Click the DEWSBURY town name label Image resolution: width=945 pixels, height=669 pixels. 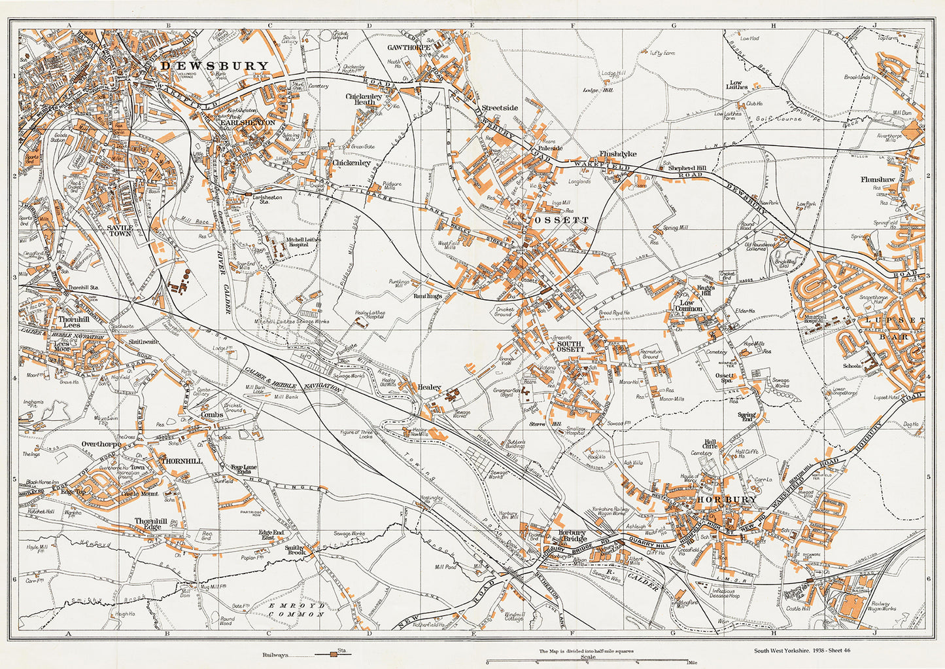[x=215, y=65]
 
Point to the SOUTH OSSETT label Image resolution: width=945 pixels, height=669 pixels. [x=570, y=346]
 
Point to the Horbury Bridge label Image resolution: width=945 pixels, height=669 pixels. [x=566, y=535]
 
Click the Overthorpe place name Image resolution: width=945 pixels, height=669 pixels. [x=101, y=444]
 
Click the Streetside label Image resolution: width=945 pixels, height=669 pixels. [x=500, y=108]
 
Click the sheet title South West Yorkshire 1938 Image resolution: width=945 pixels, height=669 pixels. [x=802, y=651]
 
